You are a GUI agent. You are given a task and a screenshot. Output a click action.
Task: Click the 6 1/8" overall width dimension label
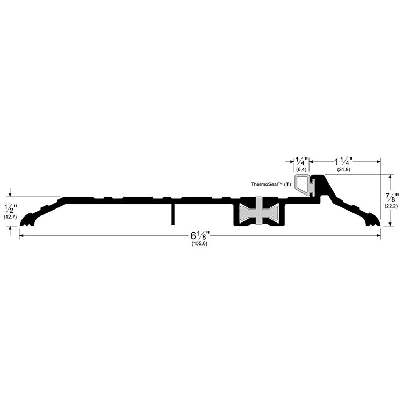point(200,235)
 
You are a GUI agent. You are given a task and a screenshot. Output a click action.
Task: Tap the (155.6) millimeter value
point(199,244)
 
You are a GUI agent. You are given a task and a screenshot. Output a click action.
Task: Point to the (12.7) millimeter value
point(10,217)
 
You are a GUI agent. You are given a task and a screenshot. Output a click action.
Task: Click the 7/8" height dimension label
point(392,198)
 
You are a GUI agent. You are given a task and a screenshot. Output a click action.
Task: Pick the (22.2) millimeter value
point(391,206)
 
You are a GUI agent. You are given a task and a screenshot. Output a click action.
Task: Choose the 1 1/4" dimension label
point(343,162)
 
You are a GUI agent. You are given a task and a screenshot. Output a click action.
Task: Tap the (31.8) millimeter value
point(344,170)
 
